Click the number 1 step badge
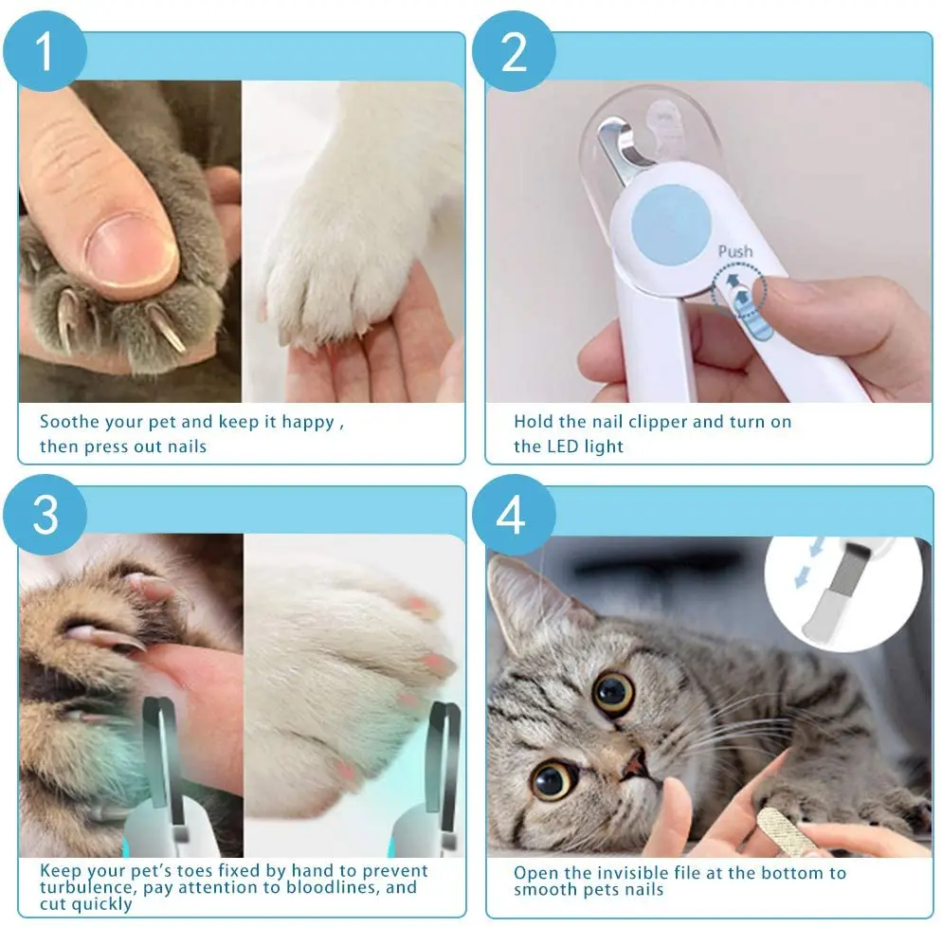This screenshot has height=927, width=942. (x=45, y=51)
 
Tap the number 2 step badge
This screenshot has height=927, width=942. (x=513, y=51)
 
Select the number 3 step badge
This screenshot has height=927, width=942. (x=45, y=515)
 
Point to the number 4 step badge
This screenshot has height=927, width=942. (x=512, y=515)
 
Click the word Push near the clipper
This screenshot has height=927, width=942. (x=735, y=251)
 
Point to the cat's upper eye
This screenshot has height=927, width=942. (x=613, y=693)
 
